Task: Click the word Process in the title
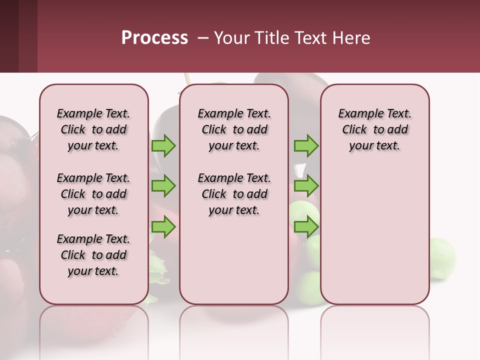click(x=154, y=38)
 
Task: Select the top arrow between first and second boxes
click(x=163, y=145)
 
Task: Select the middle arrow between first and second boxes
click(x=163, y=186)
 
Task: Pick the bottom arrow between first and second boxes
click(x=163, y=227)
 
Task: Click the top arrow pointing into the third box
click(x=306, y=145)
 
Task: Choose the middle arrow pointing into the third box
click(x=306, y=186)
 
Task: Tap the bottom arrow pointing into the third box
click(x=306, y=227)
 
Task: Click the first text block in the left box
click(x=93, y=129)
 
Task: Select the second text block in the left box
click(x=93, y=194)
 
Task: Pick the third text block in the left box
click(x=93, y=255)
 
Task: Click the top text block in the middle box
click(x=234, y=129)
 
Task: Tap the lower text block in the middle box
click(x=234, y=194)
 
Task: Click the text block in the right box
click(x=374, y=129)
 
